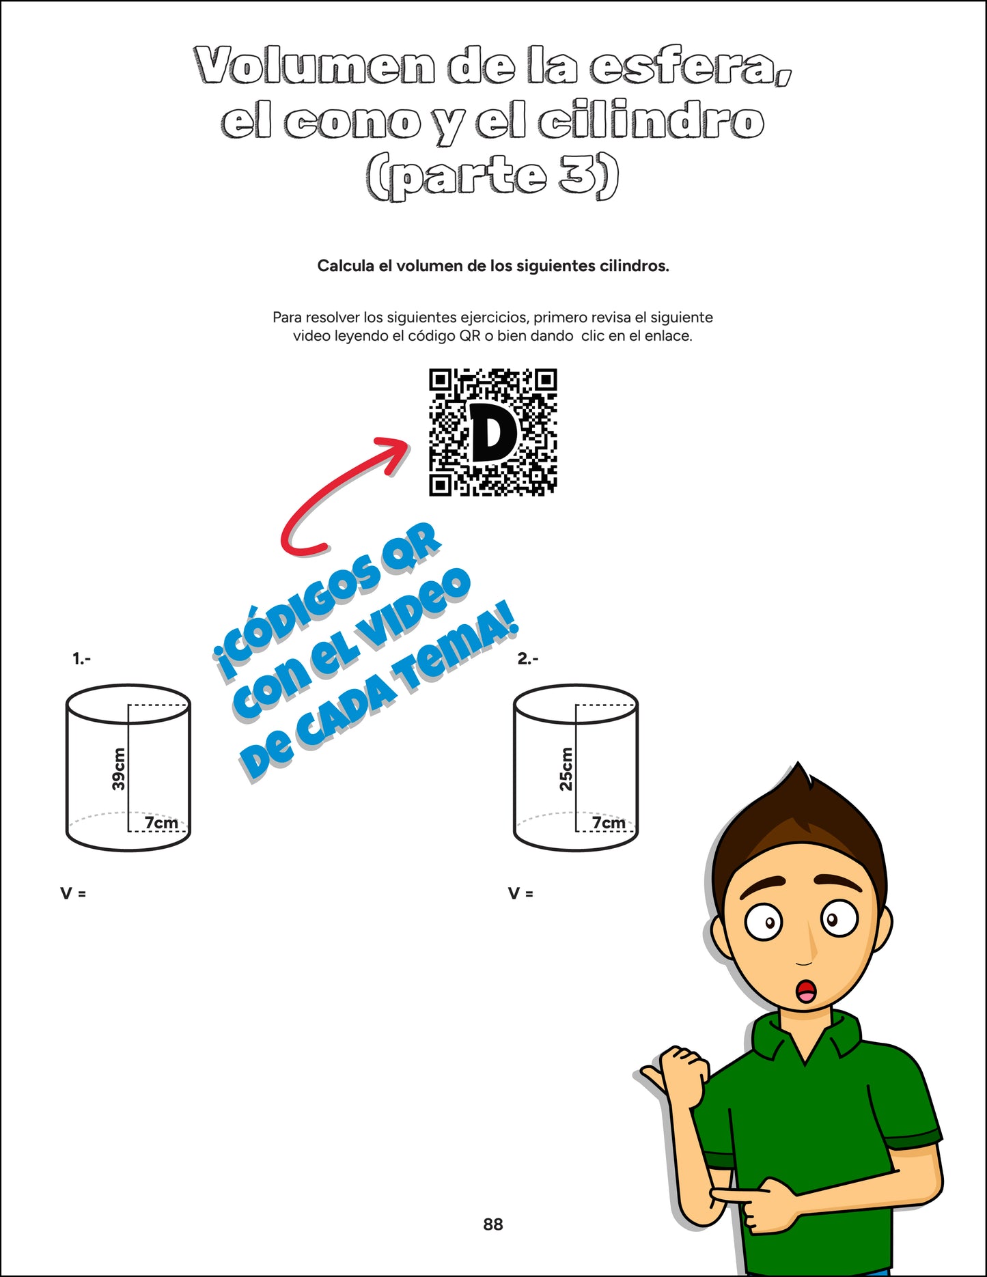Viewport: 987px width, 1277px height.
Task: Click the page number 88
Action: click(x=492, y=1224)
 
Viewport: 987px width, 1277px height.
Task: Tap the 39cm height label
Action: click(x=119, y=769)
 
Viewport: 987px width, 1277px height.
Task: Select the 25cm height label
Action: click(x=566, y=769)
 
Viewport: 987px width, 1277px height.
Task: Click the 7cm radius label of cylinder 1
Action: click(x=162, y=823)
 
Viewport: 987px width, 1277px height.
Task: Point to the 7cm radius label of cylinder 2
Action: click(x=609, y=823)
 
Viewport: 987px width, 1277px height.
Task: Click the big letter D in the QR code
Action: click(x=493, y=433)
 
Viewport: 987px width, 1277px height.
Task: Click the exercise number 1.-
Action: click(x=81, y=659)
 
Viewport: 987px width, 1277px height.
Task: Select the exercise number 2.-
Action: click(x=527, y=659)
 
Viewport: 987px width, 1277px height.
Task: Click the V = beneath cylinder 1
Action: click(x=73, y=893)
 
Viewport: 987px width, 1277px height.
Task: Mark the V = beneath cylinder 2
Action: click(x=520, y=893)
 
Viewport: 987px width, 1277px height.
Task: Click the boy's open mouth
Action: click(x=807, y=992)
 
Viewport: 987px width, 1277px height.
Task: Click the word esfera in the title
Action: click(x=690, y=67)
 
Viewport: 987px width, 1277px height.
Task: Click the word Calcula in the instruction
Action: click(x=346, y=266)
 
